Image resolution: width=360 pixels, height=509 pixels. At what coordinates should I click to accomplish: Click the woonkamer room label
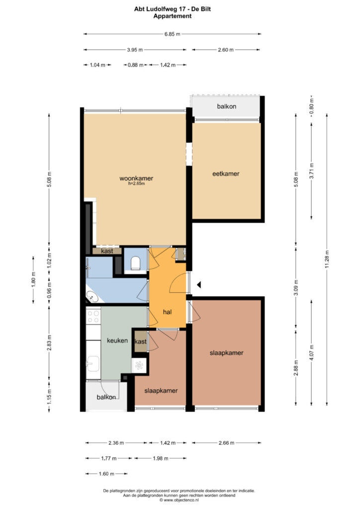click(x=136, y=178)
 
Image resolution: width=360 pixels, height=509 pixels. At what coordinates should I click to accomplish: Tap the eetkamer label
click(x=226, y=173)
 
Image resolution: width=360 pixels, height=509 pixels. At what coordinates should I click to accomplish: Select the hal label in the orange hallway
click(x=167, y=312)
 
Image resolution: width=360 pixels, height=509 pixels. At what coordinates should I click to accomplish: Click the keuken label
click(x=117, y=340)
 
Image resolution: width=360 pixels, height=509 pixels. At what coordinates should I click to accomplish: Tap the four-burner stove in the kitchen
click(x=93, y=316)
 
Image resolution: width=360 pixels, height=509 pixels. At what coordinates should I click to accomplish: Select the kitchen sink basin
click(x=93, y=363)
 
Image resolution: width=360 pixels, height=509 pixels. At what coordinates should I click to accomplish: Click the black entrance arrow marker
click(x=199, y=285)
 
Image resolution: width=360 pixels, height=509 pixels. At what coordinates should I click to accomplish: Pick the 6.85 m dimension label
click(x=173, y=34)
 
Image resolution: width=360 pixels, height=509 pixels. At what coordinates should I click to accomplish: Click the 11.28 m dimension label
click(x=327, y=259)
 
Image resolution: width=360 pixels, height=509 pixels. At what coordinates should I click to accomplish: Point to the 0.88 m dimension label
click(x=135, y=65)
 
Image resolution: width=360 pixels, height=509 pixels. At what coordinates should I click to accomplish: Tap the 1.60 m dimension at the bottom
click(x=106, y=474)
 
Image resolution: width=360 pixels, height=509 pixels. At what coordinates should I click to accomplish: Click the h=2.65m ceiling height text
click(x=136, y=183)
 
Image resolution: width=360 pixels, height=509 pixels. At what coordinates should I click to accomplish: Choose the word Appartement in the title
click(x=173, y=16)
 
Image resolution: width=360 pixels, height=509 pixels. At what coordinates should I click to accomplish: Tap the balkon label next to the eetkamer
click(x=227, y=106)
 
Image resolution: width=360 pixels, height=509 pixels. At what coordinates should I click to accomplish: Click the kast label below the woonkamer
click(x=107, y=251)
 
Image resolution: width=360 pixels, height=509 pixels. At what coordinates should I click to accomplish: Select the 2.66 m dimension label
click(x=226, y=442)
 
